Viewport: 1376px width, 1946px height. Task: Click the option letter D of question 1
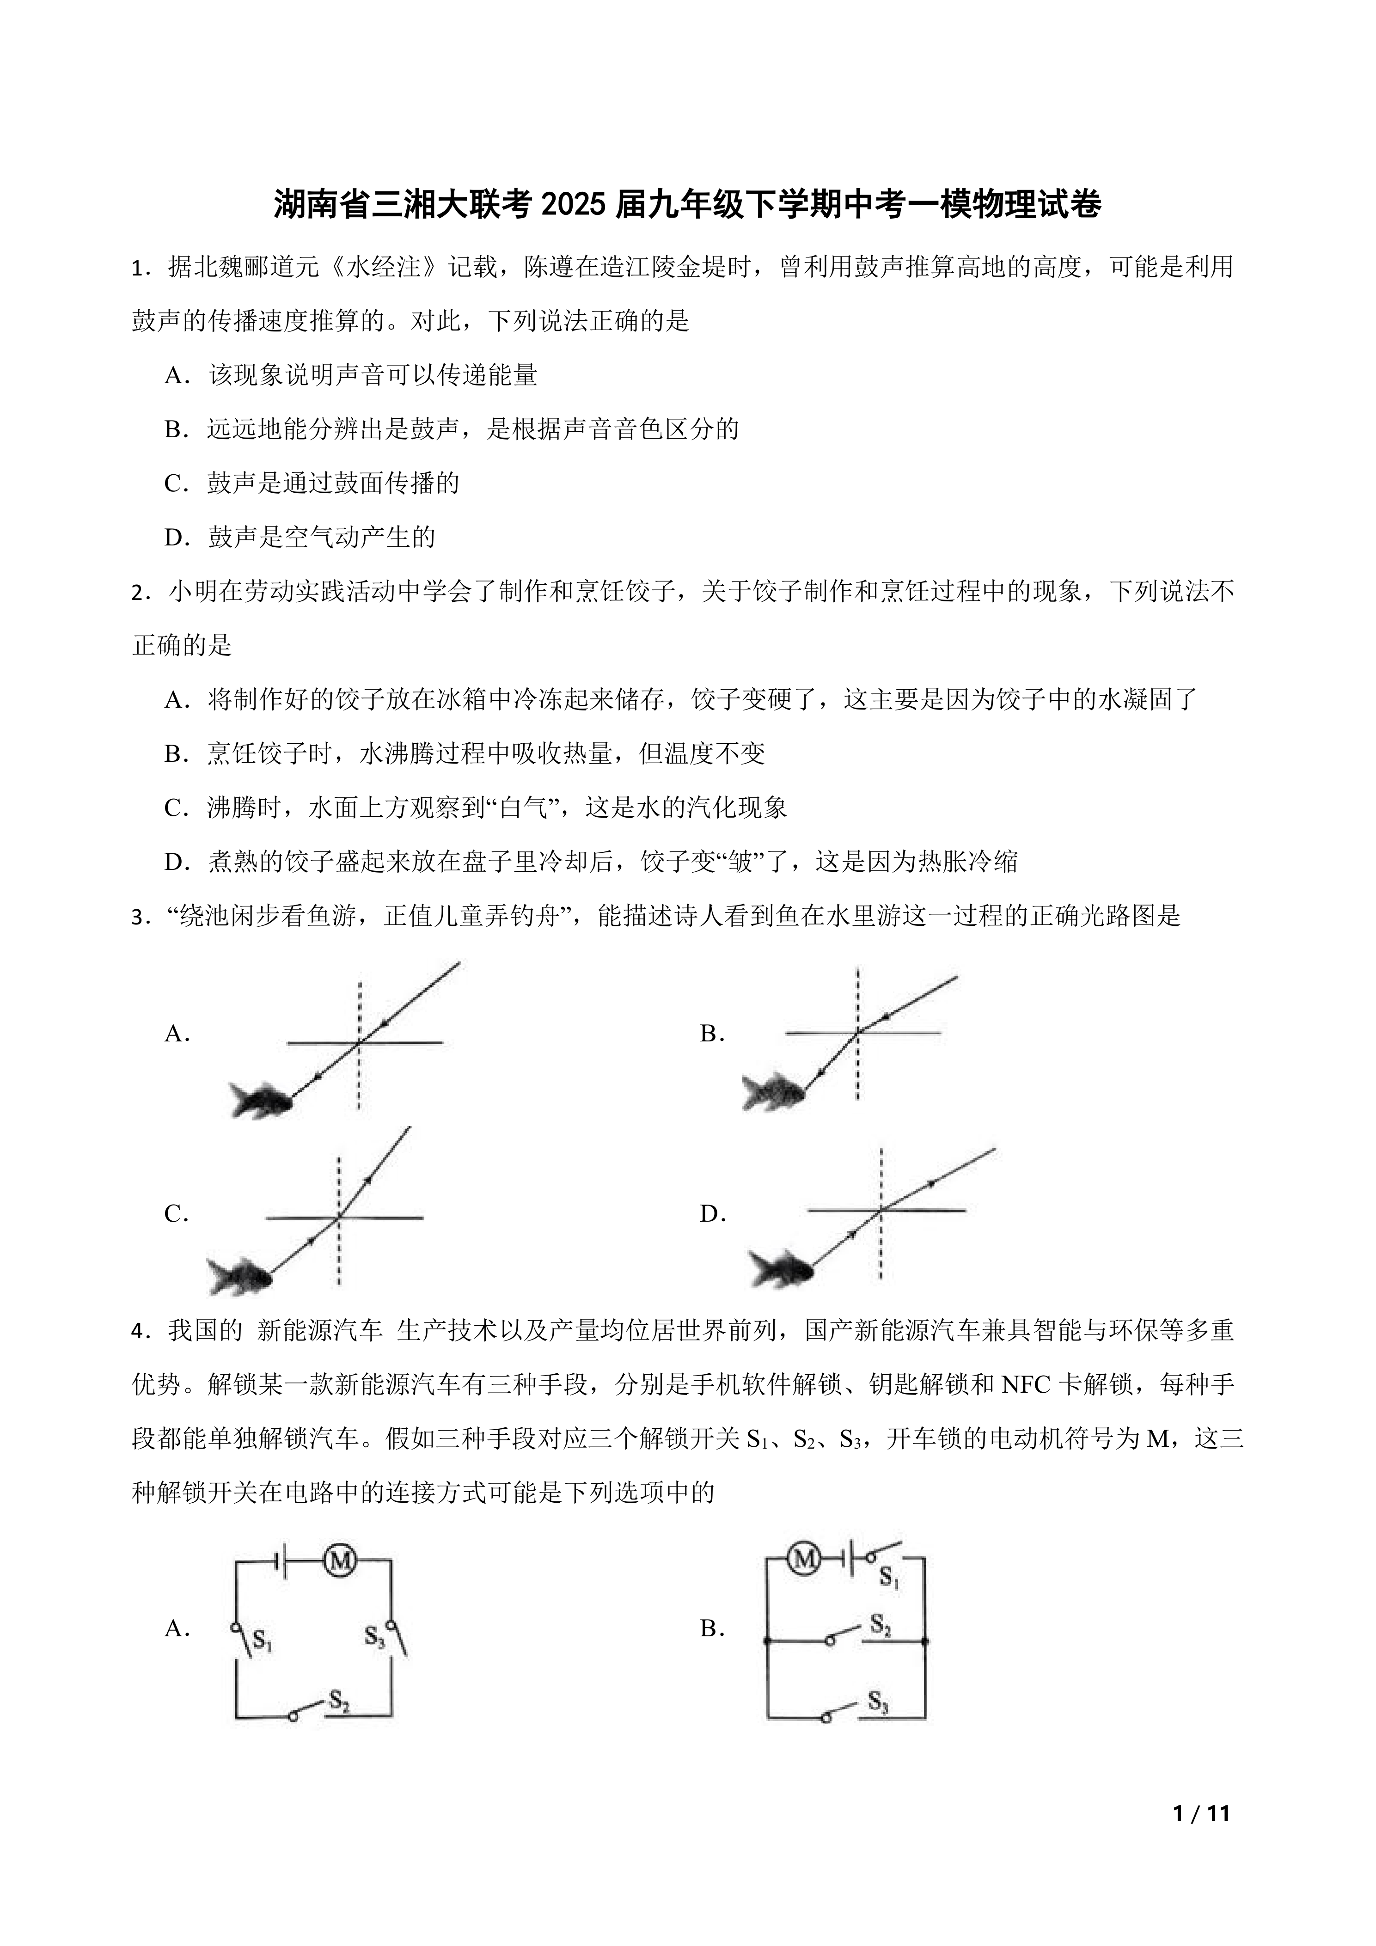[175, 538]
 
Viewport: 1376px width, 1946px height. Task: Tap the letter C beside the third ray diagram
[175, 1215]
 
